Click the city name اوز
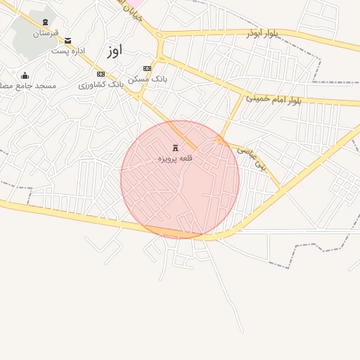[x=115, y=50]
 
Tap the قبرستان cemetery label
[x=46, y=32]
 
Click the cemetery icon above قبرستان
[x=46, y=22]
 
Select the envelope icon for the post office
[x=67, y=41]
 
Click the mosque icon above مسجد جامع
[x=25, y=76]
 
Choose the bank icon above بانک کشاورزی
[x=101, y=74]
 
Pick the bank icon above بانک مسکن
[x=146, y=68]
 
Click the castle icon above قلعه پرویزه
[x=175, y=148]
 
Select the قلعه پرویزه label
[x=175, y=158]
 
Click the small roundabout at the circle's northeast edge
[x=220, y=141]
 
